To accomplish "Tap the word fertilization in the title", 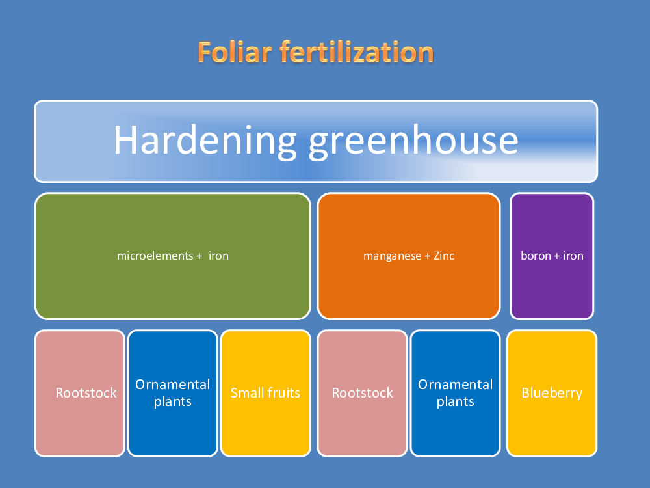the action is pos(356,52).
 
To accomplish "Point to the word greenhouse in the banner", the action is pos(413,141).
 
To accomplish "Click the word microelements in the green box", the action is pos(155,256).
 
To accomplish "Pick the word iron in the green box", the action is pos(218,256).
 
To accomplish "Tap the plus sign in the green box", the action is pos(200,256).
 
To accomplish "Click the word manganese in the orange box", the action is pos(392,256).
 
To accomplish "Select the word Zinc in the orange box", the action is pos(444,256).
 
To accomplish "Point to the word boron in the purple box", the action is pos(536,256).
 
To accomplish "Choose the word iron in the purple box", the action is pos(573,256).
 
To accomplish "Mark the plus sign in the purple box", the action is pos(557,256).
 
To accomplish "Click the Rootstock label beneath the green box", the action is pos(86,393).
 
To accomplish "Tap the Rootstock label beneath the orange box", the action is pos(362,393).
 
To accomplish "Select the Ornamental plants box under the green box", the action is pos(173,394).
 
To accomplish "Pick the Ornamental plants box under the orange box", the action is pos(455,394).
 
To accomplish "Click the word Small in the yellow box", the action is pos(246,393).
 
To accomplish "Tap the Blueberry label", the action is pos(552,394).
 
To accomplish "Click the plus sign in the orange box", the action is pos(428,256).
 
